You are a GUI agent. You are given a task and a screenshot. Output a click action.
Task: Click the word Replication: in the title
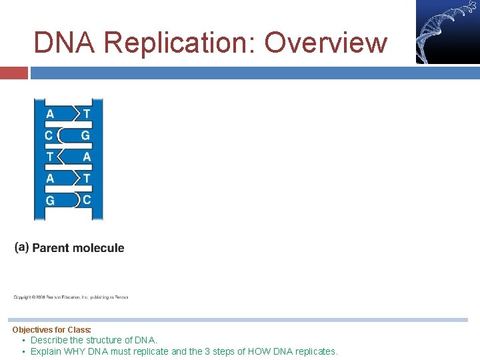(181, 43)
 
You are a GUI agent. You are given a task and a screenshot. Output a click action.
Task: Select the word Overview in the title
(325, 43)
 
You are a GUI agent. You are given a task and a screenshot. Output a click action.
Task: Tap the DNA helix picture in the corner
(447, 31)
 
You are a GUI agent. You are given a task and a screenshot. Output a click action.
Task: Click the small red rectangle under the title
(13, 73)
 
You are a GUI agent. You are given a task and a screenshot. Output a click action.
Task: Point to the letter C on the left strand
(49, 136)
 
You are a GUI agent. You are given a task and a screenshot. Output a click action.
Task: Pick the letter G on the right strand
(85, 136)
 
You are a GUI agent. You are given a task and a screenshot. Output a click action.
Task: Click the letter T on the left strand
(49, 157)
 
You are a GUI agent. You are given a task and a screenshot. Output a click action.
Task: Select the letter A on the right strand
(86, 157)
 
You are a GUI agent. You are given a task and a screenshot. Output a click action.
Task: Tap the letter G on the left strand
(50, 201)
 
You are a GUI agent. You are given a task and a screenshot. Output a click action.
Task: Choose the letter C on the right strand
(87, 199)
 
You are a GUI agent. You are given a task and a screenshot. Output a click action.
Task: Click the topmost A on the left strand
(50, 114)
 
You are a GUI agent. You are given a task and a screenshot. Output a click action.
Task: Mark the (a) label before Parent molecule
(21, 247)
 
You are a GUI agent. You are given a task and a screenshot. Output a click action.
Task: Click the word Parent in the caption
(51, 248)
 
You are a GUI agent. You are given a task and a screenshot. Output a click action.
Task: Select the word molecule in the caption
(99, 248)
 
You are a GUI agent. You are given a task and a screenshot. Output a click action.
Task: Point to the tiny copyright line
(71, 297)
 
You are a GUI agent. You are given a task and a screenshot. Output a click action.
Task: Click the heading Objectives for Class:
(51, 329)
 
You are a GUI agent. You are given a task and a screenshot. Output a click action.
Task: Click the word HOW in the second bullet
(265, 351)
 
